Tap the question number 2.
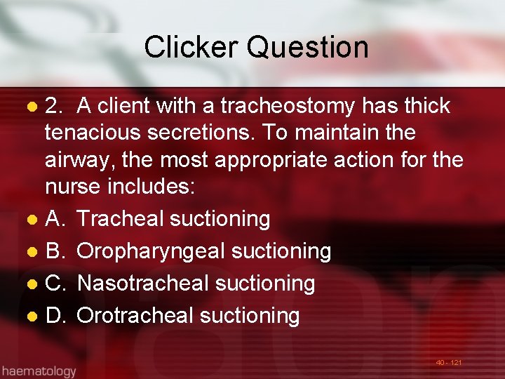(53, 106)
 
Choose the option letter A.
(55, 219)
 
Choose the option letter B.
(55, 251)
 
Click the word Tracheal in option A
(120, 219)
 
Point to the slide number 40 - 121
(448, 363)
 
